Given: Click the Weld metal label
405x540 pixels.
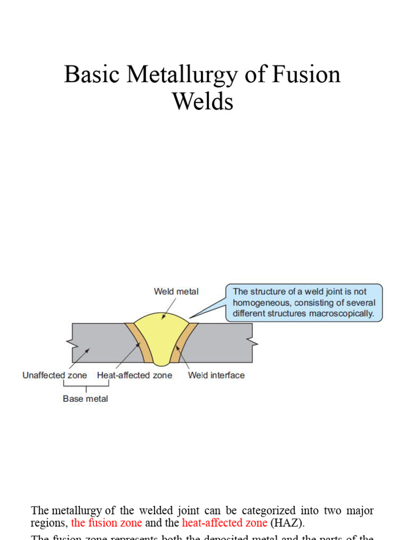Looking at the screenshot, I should click(176, 291).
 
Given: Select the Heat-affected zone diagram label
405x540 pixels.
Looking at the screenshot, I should click(134, 375).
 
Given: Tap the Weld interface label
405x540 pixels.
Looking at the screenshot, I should click(216, 375).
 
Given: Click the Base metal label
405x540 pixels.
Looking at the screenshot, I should click(85, 399).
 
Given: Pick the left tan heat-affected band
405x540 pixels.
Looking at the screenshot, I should click(138, 343).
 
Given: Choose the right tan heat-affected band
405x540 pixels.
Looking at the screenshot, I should click(185, 343).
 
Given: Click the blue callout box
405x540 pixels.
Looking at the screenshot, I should click(304, 303).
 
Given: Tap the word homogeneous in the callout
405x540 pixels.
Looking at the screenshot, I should click(261, 303).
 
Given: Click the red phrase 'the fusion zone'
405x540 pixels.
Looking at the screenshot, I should click(107, 523).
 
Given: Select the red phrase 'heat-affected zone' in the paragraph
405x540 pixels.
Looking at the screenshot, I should click(225, 523).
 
